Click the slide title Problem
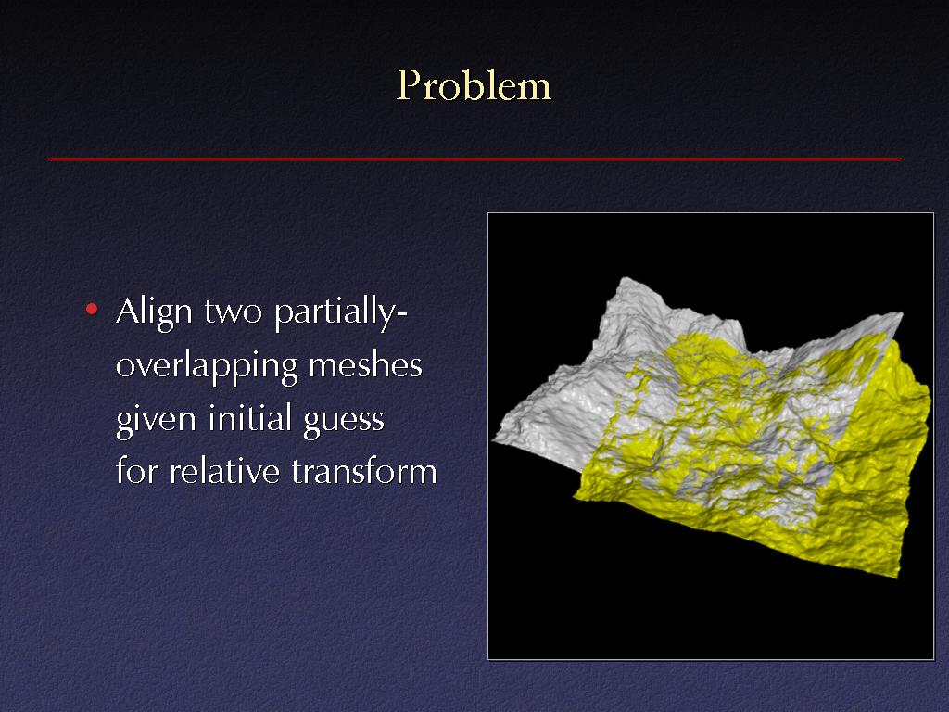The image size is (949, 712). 474,84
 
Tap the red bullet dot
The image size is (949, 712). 92,310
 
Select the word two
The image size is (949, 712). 233,312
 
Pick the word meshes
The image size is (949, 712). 365,365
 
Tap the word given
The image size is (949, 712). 156,420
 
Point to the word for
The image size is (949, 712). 137,470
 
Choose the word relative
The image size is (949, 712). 224,470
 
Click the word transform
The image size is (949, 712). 364,470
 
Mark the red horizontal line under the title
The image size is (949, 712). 474,159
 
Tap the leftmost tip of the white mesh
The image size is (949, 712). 493,440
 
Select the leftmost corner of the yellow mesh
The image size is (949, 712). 575,497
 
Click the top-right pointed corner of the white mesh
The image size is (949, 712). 903,313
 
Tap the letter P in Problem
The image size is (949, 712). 408,85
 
